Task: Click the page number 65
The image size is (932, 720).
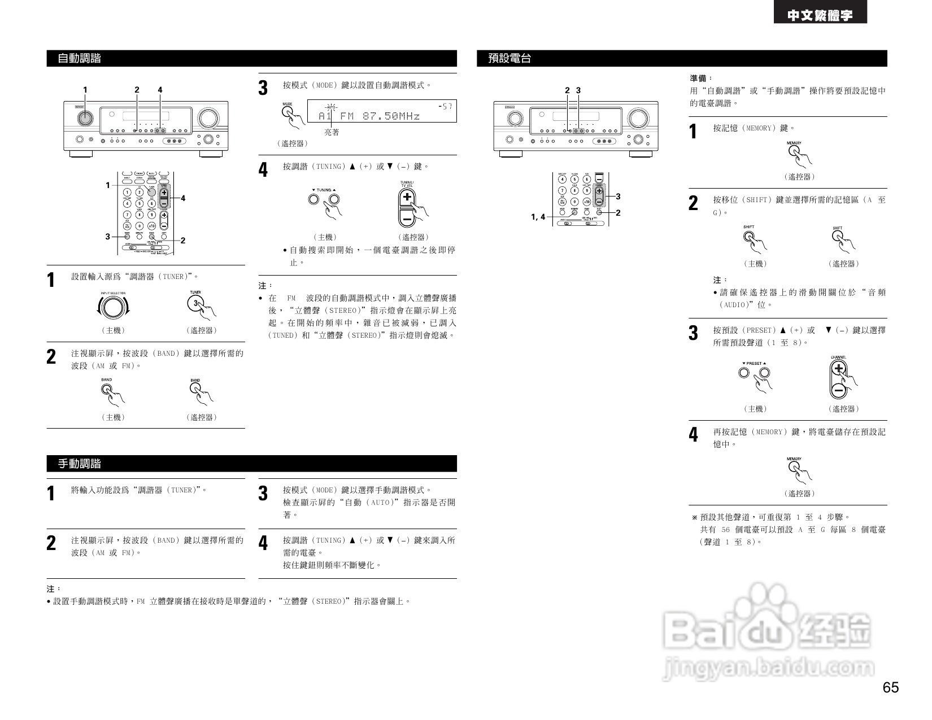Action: pyautogui.click(x=890, y=688)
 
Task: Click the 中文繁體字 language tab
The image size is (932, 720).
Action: pyautogui.click(x=820, y=16)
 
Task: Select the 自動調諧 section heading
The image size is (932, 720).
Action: pyautogui.click(x=80, y=58)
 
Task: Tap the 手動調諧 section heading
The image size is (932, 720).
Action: pyautogui.click(x=80, y=464)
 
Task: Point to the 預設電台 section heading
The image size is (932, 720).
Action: pyautogui.click(x=509, y=58)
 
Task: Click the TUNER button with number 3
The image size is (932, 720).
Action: pyautogui.click(x=195, y=304)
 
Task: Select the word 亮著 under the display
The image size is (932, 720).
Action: pyautogui.click(x=332, y=132)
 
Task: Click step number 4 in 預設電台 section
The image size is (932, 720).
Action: pyautogui.click(x=694, y=435)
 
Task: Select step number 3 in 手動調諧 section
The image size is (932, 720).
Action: pyautogui.click(x=263, y=493)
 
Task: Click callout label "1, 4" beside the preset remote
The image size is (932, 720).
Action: pyautogui.click(x=538, y=217)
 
